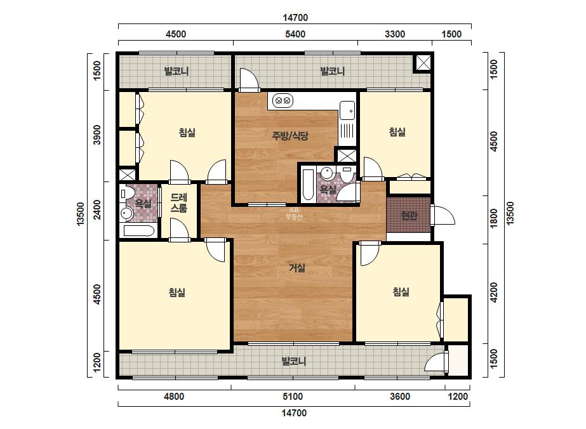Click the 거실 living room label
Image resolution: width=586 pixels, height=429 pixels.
click(297, 268)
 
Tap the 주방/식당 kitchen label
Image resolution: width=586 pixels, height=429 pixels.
click(290, 136)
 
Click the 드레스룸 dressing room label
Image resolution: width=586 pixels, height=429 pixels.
click(178, 203)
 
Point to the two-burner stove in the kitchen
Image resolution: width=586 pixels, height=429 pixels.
click(283, 100)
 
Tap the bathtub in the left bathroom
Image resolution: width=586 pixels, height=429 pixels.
click(139, 230)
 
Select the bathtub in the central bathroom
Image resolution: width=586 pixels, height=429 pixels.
click(309, 185)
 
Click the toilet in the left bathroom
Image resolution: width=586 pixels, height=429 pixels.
click(127, 193)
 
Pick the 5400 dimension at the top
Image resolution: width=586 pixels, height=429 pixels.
click(295, 34)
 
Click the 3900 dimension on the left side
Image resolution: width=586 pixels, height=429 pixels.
click(97, 135)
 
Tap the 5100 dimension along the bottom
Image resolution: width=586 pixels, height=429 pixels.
click(293, 396)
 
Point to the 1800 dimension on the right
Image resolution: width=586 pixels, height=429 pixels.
click(494, 218)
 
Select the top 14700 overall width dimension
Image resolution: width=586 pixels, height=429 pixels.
click(295, 18)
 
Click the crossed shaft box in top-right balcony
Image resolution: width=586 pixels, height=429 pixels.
click(423, 63)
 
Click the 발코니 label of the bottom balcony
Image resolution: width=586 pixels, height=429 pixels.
click(294, 361)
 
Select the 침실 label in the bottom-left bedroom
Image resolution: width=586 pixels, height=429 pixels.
click(176, 292)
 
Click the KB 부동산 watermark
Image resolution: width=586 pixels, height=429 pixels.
click(294, 213)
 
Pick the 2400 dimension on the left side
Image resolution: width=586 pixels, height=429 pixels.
click(97, 210)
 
